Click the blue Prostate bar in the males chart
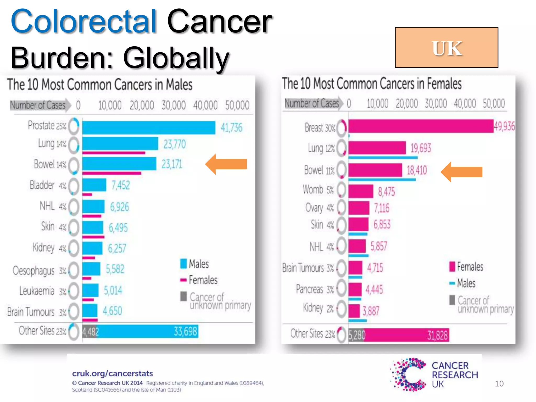point(149,128)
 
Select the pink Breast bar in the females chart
point(421,126)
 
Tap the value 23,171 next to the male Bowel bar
point(172,164)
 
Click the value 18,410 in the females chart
point(417,170)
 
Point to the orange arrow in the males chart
point(226,164)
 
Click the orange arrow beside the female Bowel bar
point(461,172)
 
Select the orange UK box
point(446,48)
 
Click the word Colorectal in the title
point(84,21)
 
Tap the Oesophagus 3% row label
point(39,270)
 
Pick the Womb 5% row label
point(318,189)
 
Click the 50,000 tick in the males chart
point(237,105)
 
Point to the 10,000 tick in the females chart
point(377,103)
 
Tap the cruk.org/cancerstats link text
point(113,373)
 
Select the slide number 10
point(499,384)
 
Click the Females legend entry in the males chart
point(199,280)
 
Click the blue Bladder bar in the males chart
point(94,185)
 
